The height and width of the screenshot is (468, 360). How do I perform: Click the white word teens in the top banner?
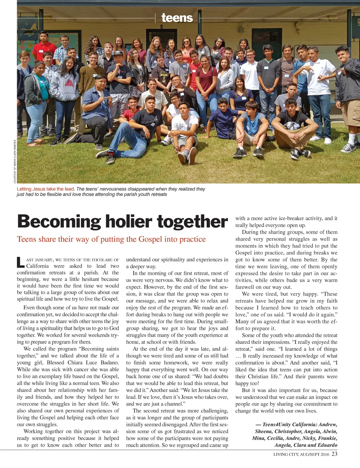[x=177, y=18]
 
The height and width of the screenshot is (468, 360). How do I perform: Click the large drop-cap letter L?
[x=20, y=263]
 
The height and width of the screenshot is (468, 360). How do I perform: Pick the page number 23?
[x=334, y=454]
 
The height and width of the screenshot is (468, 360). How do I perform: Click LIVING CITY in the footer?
[x=286, y=454]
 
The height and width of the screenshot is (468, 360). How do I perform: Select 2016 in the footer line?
[x=325, y=454]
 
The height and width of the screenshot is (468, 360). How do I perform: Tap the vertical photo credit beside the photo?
[x=15, y=161]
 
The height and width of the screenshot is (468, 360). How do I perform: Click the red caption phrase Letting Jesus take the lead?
[x=46, y=189]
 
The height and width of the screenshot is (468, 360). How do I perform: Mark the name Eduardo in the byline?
[x=327, y=445]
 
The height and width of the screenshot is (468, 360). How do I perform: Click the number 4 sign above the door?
[x=162, y=27]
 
